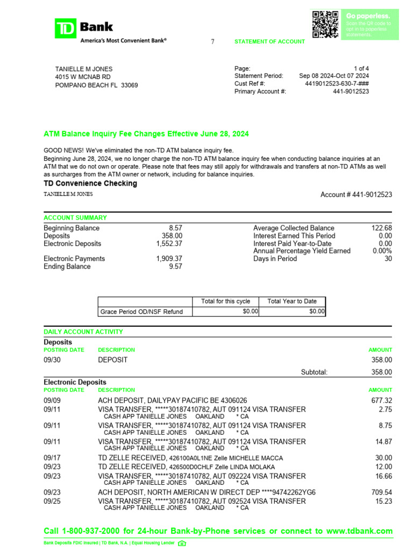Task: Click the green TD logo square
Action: pos(66,28)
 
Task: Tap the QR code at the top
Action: pos(325,24)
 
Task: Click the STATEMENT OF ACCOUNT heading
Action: pos(269,41)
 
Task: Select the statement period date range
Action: pos(334,76)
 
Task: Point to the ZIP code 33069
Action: pos(130,85)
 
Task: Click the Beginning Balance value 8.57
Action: pos(175,228)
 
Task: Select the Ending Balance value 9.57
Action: pos(175,266)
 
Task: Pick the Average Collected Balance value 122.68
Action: pos(382,228)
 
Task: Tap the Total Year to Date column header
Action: pos(292,301)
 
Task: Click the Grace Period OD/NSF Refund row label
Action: pos(141,312)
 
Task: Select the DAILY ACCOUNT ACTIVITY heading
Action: pos(83,332)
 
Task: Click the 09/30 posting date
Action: pos(52,360)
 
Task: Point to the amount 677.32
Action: pos(382,400)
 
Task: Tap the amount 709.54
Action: pos(382,492)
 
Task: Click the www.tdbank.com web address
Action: pos(359,531)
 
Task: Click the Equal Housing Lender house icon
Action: pos(182,543)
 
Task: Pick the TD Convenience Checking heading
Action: pos(90,183)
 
